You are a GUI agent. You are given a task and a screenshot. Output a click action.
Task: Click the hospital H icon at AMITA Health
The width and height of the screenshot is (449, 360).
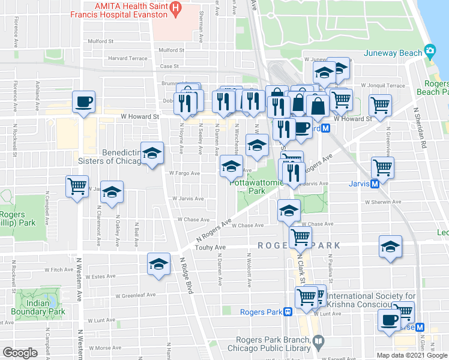pos(175,8)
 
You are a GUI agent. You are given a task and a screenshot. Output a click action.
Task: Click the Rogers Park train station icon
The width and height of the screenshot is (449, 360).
pos(288,311)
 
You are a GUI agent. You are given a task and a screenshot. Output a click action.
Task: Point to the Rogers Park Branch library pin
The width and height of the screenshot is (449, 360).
pos(319,341)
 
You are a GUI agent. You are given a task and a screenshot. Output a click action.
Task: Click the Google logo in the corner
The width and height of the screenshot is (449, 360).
pos(20,352)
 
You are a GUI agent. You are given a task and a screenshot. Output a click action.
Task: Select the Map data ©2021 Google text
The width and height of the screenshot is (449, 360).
pos(411,355)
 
